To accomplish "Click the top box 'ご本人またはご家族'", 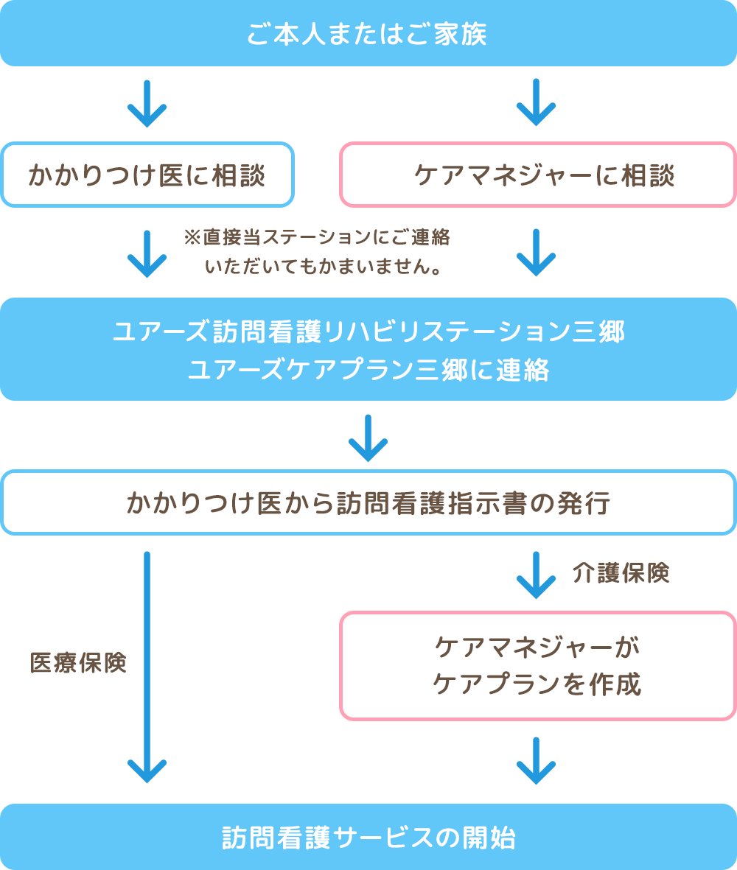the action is point(368,33).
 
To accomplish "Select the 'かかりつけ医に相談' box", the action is point(147,175).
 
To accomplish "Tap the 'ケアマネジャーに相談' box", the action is point(538,175).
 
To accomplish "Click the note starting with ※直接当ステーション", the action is point(317,252).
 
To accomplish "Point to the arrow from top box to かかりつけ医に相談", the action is point(147,104).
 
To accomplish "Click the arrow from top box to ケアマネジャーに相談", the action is point(536,102).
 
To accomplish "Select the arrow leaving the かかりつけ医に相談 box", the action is point(147,254).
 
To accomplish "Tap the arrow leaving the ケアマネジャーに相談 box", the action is point(536,253).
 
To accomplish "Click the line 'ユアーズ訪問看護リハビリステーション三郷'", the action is point(368,331).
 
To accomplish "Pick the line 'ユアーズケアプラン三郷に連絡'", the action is point(368,370).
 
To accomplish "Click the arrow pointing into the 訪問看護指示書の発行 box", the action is point(368,438).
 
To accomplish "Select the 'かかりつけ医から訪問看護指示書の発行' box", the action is point(368,502).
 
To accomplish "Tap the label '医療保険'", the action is point(78,662).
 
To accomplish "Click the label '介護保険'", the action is point(621,572).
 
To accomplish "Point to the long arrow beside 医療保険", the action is point(147,667).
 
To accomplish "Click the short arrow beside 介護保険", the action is point(536,575).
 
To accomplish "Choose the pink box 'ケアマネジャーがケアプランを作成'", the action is point(538,666).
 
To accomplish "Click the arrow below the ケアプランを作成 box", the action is point(536,761).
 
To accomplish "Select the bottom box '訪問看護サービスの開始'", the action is point(368,837).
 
